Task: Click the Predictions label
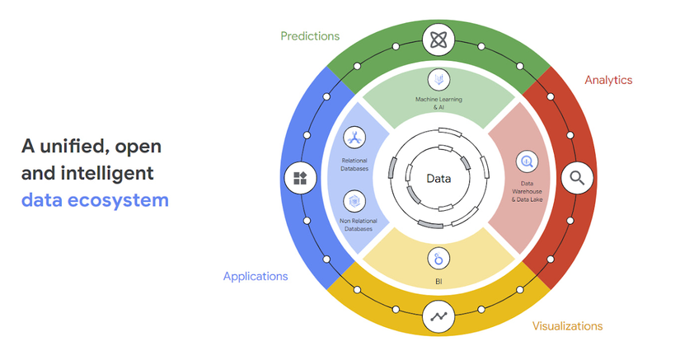tap(310, 36)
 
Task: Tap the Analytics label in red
tap(608, 80)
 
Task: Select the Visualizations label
tap(567, 326)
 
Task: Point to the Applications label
tap(256, 277)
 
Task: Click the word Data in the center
tap(438, 178)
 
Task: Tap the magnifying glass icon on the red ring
tap(577, 177)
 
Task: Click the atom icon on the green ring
tap(438, 39)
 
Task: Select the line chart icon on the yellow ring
tap(438, 316)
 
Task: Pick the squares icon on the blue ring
tap(299, 177)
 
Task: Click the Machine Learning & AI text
tap(438, 103)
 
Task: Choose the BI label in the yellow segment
tap(438, 281)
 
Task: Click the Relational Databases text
tap(354, 165)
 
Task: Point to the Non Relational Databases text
tap(354, 224)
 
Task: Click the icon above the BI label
tap(438, 259)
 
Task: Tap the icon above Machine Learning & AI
tap(438, 80)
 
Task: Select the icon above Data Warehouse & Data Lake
tap(525, 161)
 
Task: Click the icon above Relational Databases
tap(354, 138)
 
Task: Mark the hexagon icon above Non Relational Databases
tap(354, 200)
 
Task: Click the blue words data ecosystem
tap(95, 199)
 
